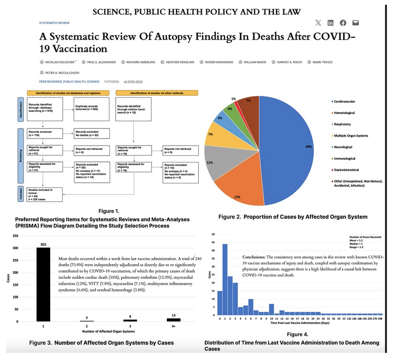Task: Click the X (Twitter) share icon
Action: [319, 22]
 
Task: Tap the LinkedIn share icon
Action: [331, 22]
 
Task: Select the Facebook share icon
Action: [343, 22]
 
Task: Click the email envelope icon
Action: [355, 22]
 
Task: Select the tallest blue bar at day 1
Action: [225, 279]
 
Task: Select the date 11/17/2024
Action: [111, 82]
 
